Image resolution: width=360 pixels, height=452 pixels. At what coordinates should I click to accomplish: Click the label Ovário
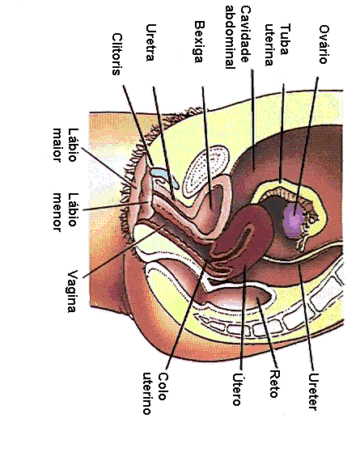point(324,44)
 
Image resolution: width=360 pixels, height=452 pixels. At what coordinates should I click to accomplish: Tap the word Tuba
point(285,40)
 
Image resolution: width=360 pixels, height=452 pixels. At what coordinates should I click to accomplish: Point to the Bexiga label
point(199,42)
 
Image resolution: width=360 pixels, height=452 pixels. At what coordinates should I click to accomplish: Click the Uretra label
point(150,43)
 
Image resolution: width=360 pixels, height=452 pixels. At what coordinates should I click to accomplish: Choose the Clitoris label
point(116,54)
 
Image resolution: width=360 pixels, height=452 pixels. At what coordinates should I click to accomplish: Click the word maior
point(57,146)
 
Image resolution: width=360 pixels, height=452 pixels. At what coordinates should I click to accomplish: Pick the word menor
point(57,212)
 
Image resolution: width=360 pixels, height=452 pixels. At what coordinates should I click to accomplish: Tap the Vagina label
point(72,291)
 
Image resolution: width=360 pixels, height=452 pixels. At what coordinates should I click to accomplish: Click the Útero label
point(237,390)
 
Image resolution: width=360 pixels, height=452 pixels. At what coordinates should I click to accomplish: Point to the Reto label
point(274,384)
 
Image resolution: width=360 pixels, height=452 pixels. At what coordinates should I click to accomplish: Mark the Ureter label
point(313,391)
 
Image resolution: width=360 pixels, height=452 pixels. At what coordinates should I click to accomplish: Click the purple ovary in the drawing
point(293,220)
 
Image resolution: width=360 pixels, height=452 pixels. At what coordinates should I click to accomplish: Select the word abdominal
point(231,37)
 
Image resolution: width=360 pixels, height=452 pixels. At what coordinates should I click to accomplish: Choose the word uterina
point(269,45)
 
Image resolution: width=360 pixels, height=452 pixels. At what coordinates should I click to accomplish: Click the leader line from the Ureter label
point(306,318)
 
